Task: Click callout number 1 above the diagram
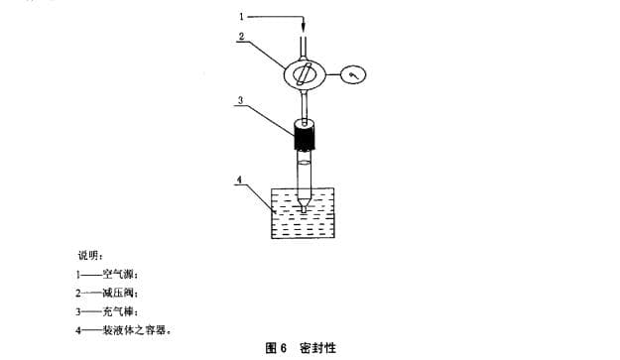(240, 16)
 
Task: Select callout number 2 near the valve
(240, 36)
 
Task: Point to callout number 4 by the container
(239, 180)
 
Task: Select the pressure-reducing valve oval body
(307, 72)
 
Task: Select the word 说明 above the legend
(90, 256)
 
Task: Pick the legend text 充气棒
(120, 311)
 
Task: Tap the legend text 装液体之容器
(137, 330)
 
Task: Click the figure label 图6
(276, 348)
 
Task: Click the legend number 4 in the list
(77, 330)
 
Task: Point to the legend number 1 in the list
(77, 274)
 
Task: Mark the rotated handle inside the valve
(307, 72)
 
